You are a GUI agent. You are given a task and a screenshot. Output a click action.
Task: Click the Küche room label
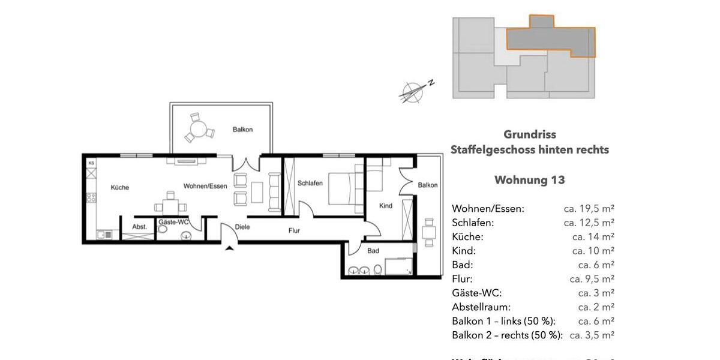(x=120, y=188)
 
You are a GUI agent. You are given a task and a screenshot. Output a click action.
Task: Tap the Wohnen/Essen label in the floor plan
(x=205, y=186)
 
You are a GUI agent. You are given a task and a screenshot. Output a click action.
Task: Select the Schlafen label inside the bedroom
(x=310, y=184)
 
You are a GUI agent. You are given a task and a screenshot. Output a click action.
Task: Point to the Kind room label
(x=386, y=206)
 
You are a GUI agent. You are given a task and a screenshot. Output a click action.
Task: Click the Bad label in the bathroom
(x=373, y=251)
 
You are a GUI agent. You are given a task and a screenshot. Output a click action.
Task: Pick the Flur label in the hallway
(x=294, y=230)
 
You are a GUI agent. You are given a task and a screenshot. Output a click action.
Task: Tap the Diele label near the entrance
(x=242, y=227)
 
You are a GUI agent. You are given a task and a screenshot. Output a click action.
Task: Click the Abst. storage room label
(x=139, y=227)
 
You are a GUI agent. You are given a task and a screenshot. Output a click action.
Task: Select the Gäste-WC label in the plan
(x=173, y=223)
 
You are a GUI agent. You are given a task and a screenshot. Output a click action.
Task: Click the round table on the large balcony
(x=199, y=128)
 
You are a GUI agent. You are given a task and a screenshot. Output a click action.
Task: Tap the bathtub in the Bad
(x=398, y=266)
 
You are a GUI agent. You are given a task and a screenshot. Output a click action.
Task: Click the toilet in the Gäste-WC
(x=187, y=235)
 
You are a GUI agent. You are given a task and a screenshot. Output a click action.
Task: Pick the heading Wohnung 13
(x=529, y=180)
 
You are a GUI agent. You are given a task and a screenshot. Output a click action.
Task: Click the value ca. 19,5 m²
(x=589, y=209)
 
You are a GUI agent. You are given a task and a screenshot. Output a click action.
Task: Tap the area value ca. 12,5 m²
(x=589, y=223)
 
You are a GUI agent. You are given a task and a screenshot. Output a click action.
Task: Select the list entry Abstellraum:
(x=481, y=307)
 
